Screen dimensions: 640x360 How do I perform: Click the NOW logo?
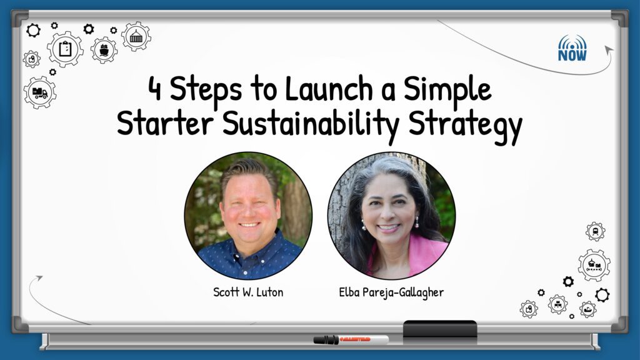point(572,48)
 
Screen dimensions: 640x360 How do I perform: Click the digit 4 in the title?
point(154,89)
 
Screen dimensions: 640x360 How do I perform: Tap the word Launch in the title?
point(329,87)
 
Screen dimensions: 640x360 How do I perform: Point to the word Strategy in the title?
point(465,124)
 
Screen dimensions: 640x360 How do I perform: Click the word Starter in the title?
point(165,122)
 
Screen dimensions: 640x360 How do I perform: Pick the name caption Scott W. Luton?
point(248,292)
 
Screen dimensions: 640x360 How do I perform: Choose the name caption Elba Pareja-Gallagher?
point(391,292)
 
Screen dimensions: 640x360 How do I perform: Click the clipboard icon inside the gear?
point(65,49)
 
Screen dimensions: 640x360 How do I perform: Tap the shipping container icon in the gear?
point(136,37)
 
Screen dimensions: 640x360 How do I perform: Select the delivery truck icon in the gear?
point(39,93)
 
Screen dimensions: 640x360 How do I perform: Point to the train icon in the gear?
point(596,232)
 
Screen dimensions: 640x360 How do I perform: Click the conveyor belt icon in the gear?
point(594,265)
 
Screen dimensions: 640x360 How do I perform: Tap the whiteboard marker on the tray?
point(351,339)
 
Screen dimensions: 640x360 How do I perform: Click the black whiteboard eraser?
point(440,330)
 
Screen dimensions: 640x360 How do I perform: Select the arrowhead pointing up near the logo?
point(609,50)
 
